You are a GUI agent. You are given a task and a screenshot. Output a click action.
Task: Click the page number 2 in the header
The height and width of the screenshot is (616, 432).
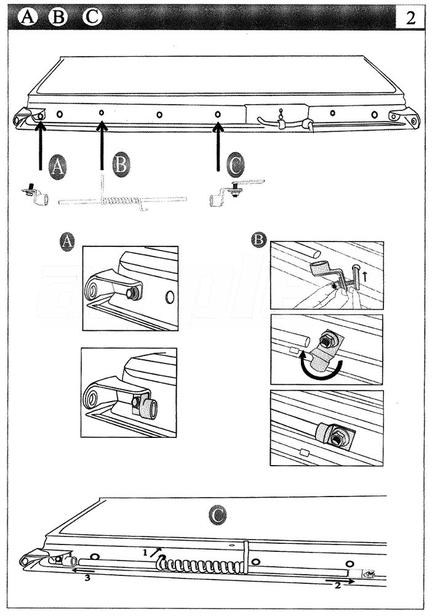(411, 17)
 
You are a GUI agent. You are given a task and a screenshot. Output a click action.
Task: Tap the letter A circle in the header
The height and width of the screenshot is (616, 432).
(28, 17)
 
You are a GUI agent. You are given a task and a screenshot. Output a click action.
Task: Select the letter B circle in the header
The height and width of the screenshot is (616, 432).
(58, 17)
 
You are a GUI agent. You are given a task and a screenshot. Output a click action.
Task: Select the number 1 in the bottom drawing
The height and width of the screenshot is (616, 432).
(145, 553)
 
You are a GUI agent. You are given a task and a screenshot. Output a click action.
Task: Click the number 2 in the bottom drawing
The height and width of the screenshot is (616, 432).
(338, 585)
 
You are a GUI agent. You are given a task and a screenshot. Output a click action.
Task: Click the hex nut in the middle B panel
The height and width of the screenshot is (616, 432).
(328, 339)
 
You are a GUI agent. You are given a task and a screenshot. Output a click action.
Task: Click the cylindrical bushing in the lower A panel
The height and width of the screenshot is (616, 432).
(148, 407)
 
